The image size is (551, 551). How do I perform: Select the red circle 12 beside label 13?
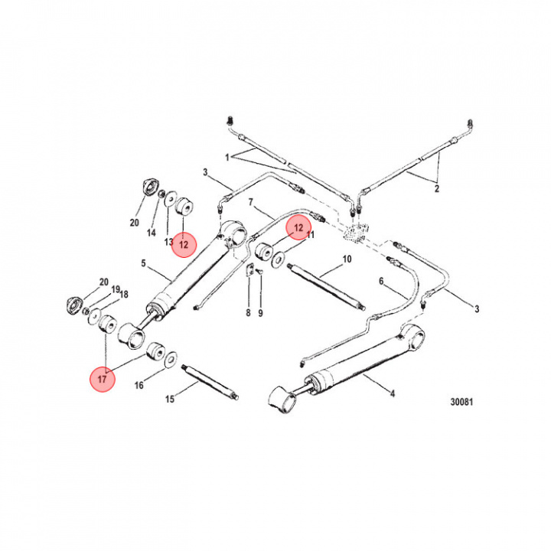184,244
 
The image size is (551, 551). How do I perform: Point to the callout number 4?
393,395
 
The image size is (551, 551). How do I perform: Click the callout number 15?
171,399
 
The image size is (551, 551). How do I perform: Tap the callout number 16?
139,386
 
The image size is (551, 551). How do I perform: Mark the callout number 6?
381,281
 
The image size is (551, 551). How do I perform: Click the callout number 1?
227,157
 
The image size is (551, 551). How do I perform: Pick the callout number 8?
248,313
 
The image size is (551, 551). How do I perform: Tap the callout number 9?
260,313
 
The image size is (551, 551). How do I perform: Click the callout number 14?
151,233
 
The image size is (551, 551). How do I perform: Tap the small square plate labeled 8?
249,270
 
